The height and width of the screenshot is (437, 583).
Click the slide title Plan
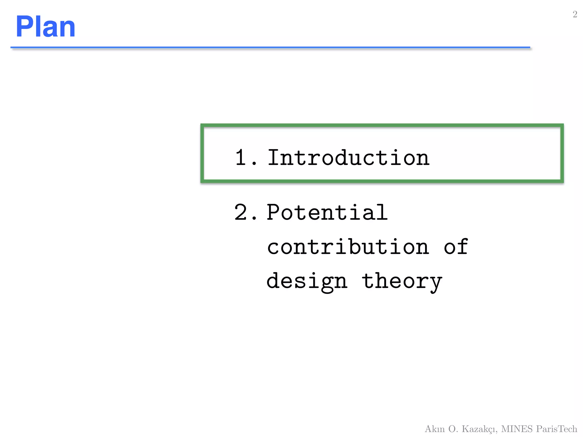pos(46,27)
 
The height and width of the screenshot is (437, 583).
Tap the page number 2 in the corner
pos(575,14)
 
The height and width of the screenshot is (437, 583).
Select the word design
pos(307,281)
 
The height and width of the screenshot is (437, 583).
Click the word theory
pos(402,281)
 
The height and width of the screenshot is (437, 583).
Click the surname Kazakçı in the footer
pos(479,429)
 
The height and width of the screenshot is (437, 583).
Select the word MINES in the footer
pos(517,429)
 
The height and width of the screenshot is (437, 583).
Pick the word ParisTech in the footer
pos(557,429)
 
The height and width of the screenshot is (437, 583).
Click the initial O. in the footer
pos(453,429)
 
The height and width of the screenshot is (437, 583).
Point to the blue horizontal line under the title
pos(270,47)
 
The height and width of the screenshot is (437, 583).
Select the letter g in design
pos(327,283)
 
